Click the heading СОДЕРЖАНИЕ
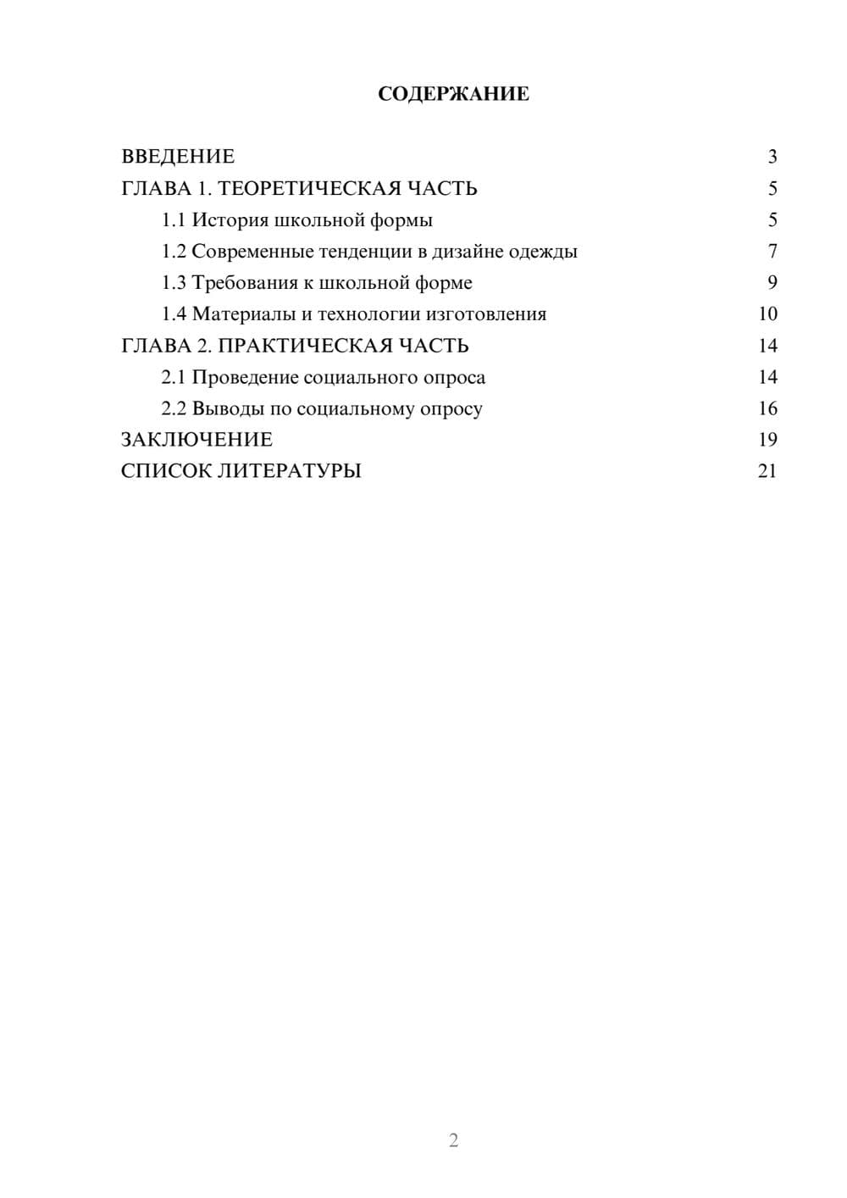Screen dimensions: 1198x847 tap(453, 94)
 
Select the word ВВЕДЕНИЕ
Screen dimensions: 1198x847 tap(178, 157)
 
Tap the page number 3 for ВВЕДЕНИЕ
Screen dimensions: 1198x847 tap(772, 157)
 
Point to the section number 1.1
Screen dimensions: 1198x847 tap(173, 220)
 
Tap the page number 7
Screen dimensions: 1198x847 tap(772, 252)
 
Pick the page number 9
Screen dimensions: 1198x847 tap(772, 283)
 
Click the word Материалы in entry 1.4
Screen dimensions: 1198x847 tap(240, 314)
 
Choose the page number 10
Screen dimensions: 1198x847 tap(767, 314)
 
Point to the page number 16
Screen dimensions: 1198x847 tap(767, 409)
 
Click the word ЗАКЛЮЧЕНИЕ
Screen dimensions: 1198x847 tap(197, 440)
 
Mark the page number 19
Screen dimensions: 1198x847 tap(767, 440)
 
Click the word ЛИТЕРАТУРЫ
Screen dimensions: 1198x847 tap(290, 471)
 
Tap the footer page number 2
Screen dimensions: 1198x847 tap(453, 1140)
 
